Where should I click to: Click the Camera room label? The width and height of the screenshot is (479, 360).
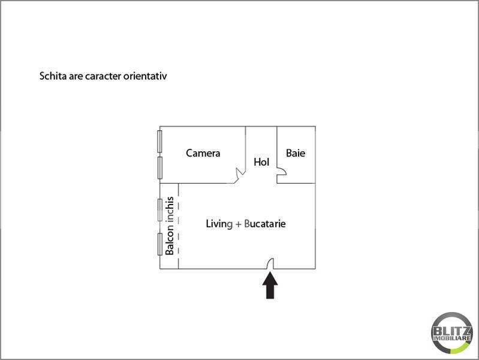(203, 153)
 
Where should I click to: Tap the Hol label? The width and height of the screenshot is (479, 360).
(261, 162)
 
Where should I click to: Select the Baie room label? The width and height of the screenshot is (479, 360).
(296, 153)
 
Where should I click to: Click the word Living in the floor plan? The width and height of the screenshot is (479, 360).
(219, 224)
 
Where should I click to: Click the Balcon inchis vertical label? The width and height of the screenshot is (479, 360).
(170, 226)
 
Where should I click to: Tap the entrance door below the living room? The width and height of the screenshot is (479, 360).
(270, 263)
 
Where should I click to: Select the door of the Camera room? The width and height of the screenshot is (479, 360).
(240, 174)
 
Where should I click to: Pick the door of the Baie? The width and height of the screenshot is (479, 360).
(281, 174)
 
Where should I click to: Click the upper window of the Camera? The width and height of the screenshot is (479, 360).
(160, 141)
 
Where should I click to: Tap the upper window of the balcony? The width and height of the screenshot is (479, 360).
(160, 209)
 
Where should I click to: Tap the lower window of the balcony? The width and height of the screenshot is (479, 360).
(160, 244)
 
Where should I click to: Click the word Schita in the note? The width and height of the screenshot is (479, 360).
(50, 76)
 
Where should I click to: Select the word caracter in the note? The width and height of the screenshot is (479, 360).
(98, 76)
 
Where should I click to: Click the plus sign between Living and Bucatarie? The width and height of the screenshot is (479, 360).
(238, 224)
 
